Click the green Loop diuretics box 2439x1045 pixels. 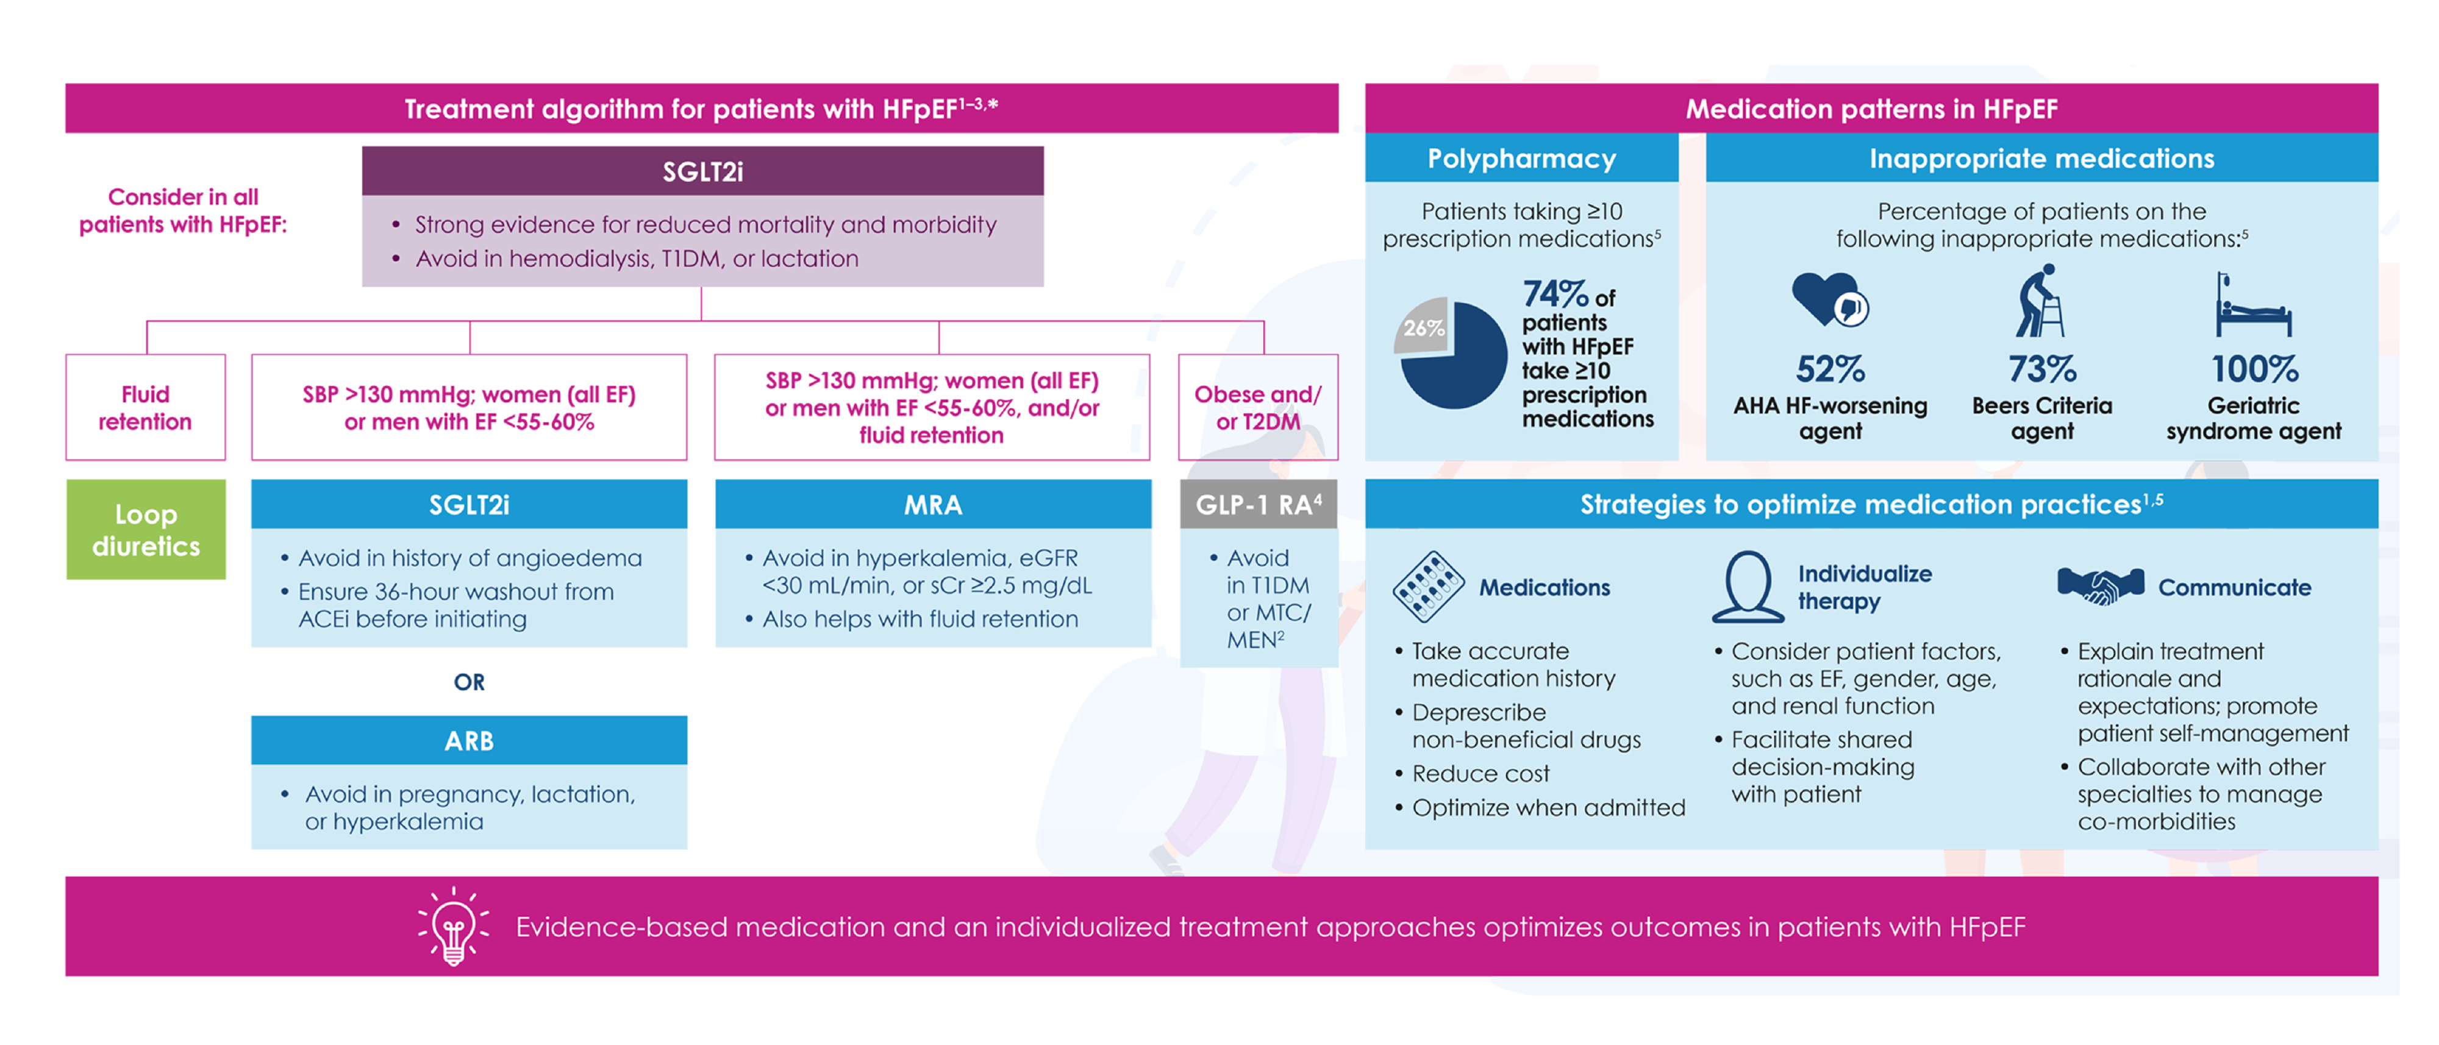(146, 529)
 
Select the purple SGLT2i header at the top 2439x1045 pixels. (702, 171)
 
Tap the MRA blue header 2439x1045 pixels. (933, 505)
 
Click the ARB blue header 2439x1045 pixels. (469, 740)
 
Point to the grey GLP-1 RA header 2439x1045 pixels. (1259, 505)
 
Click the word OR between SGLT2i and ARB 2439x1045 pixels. (469, 682)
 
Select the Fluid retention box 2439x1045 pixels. (145, 408)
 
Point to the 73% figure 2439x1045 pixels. (2041, 368)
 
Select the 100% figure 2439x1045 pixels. (2254, 368)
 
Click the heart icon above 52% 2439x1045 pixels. (1827, 299)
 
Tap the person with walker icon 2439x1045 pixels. (2040, 301)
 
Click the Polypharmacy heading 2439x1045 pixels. (1521, 158)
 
